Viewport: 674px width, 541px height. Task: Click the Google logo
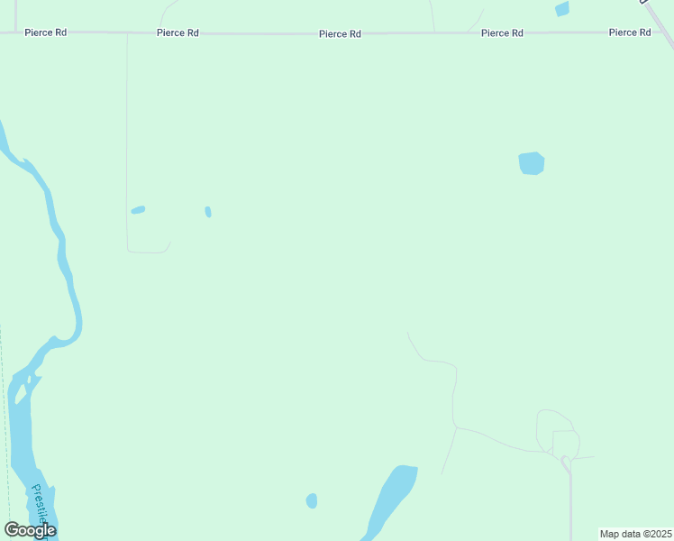click(x=30, y=530)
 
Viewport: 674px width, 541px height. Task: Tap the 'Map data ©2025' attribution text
click(x=635, y=534)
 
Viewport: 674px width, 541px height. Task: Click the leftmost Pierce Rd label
click(x=45, y=32)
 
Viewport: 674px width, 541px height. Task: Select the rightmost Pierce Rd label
click(x=629, y=32)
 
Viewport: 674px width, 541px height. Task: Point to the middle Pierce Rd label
click(x=340, y=34)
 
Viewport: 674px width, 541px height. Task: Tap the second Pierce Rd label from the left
click(x=177, y=33)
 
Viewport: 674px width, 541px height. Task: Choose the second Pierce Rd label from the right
click(x=502, y=33)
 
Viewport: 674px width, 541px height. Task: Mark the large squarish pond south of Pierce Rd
click(x=532, y=163)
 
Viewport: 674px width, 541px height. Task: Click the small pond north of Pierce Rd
click(x=562, y=9)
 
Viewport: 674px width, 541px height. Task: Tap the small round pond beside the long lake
click(x=312, y=500)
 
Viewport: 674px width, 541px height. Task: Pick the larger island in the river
click(x=20, y=394)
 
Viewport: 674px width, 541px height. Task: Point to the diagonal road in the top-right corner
click(x=660, y=23)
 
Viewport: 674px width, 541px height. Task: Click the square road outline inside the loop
click(x=565, y=443)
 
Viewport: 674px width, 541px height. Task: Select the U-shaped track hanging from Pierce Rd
click(x=127, y=180)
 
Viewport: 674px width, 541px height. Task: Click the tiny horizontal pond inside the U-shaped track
click(x=138, y=210)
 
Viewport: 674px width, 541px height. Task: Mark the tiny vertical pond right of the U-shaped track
click(x=208, y=212)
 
